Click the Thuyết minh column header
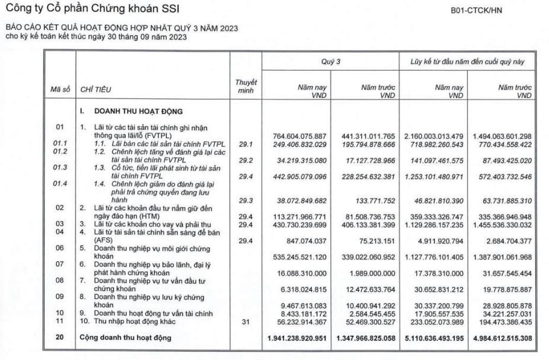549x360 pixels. [245, 86]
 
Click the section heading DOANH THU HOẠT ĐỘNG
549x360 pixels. [135, 111]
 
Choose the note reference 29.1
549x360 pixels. [245, 144]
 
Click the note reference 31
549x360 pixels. [245, 321]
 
